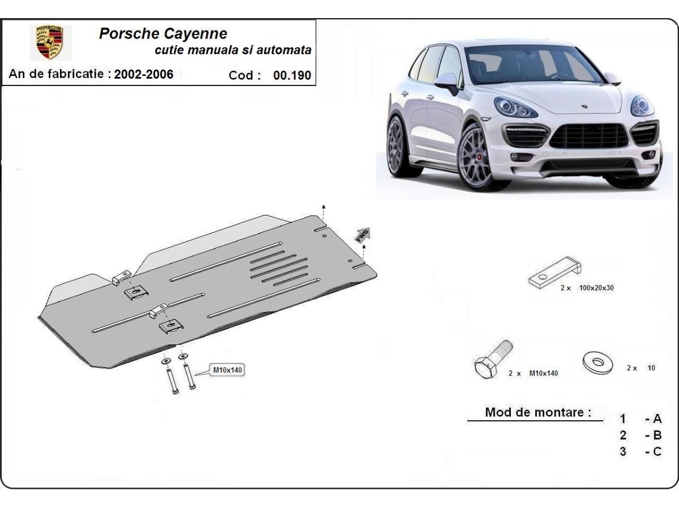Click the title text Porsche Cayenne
click(x=163, y=33)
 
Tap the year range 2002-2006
click(x=144, y=74)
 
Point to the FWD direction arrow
click(x=362, y=234)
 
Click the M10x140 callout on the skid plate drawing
click(x=226, y=370)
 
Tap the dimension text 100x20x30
click(x=596, y=288)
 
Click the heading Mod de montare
click(x=534, y=412)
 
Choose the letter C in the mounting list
click(x=657, y=452)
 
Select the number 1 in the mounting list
click(x=623, y=419)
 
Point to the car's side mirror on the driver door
click(x=447, y=83)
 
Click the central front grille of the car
click(x=589, y=136)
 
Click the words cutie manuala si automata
click(x=233, y=50)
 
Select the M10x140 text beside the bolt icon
click(x=543, y=373)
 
